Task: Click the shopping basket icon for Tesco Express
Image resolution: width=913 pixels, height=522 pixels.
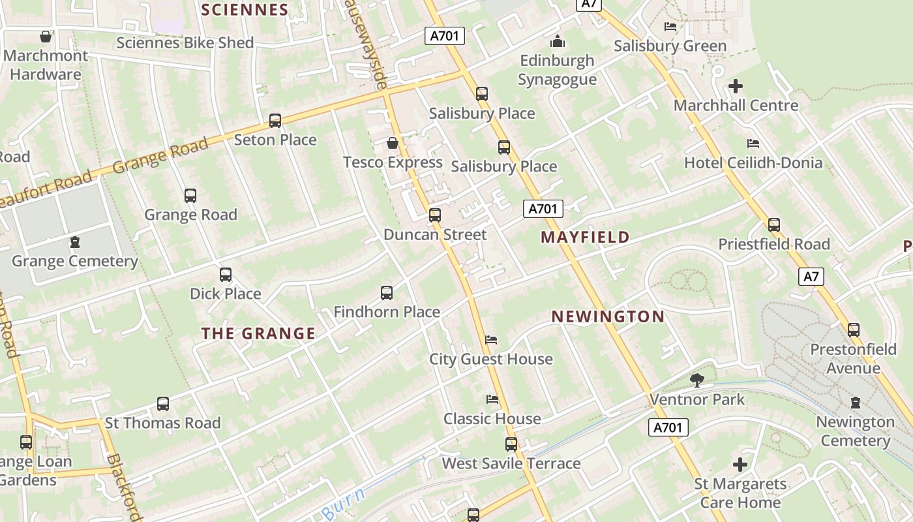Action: click(393, 143)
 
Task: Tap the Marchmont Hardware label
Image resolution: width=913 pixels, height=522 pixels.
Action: click(46, 65)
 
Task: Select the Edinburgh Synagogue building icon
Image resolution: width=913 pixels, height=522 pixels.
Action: click(558, 42)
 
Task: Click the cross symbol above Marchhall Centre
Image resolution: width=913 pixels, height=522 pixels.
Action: click(736, 86)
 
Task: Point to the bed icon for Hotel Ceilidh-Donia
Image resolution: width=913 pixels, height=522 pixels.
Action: click(753, 144)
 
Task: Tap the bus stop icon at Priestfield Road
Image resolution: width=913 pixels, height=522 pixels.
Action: click(774, 225)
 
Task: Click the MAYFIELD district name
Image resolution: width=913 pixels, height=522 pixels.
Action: click(586, 238)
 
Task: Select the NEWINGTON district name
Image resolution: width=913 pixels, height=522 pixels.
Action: click(608, 317)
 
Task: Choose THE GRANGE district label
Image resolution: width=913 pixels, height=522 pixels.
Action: click(258, 334)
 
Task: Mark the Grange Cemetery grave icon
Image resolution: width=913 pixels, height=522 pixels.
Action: click(75, 243)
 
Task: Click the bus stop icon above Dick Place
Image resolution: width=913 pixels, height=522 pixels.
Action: click(226, 275)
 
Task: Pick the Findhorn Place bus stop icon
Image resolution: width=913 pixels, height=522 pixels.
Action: click(387, 293)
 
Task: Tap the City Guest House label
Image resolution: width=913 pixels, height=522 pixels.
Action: click(490, 360)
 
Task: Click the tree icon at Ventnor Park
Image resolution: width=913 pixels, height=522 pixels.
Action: click(696, 380)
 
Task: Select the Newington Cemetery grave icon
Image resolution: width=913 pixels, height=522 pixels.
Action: click(856, 403)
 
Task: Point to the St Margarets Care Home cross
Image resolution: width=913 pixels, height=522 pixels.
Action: click(740, 465)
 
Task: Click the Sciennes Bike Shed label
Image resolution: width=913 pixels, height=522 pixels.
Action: click(185, 43)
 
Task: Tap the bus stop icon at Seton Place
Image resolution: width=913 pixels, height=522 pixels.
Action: click(275, 121)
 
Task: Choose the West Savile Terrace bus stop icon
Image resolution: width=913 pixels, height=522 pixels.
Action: click(511, 444)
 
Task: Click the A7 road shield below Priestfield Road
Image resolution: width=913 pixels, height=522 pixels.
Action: click(811, 277)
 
